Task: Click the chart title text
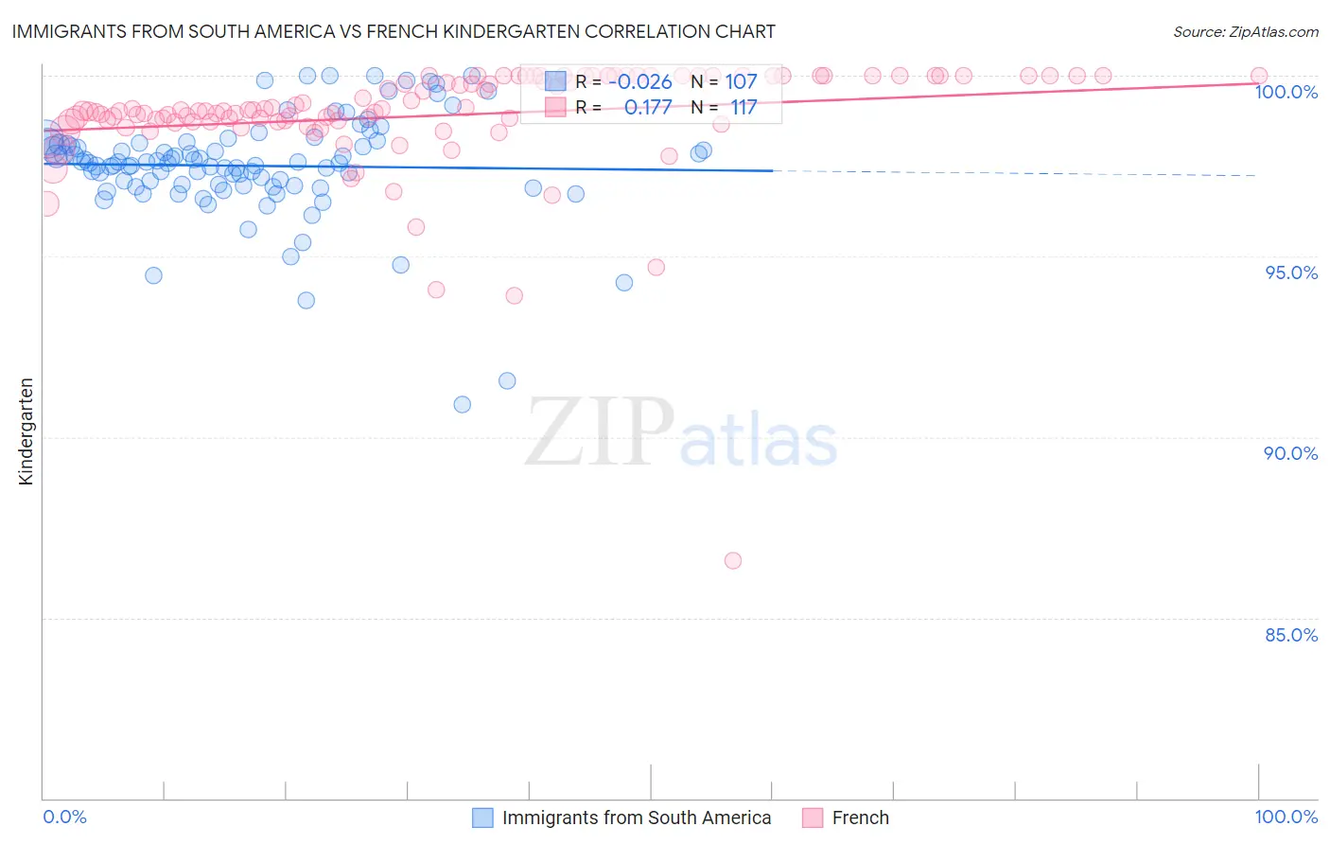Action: [x=394, y=31]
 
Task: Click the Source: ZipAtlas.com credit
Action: [x=1245, y=31]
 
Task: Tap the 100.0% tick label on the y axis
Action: [x=1286, y=92]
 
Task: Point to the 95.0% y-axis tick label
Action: [x=1291, y=273]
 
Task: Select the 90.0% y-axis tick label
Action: [x=1291, y=453]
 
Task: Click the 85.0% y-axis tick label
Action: [x=1291, y=635]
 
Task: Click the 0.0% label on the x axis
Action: [x=65, y=817]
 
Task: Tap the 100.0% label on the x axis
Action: [x=1286, y=817]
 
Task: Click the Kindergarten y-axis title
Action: [x=26, y=431]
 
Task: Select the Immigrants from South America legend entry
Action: [x=636, y=818]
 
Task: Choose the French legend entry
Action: [x=859, y=818]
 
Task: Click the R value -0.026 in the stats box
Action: [x=639, y=81]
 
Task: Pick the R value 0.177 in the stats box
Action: [x=647, y=107]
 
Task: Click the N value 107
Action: [x=741, y=81]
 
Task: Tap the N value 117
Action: [x=743, y=107]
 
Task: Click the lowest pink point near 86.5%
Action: [x=732, y=560]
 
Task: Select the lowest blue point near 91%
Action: [x=463, y=404]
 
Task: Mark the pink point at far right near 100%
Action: [x=1259, y=76]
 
